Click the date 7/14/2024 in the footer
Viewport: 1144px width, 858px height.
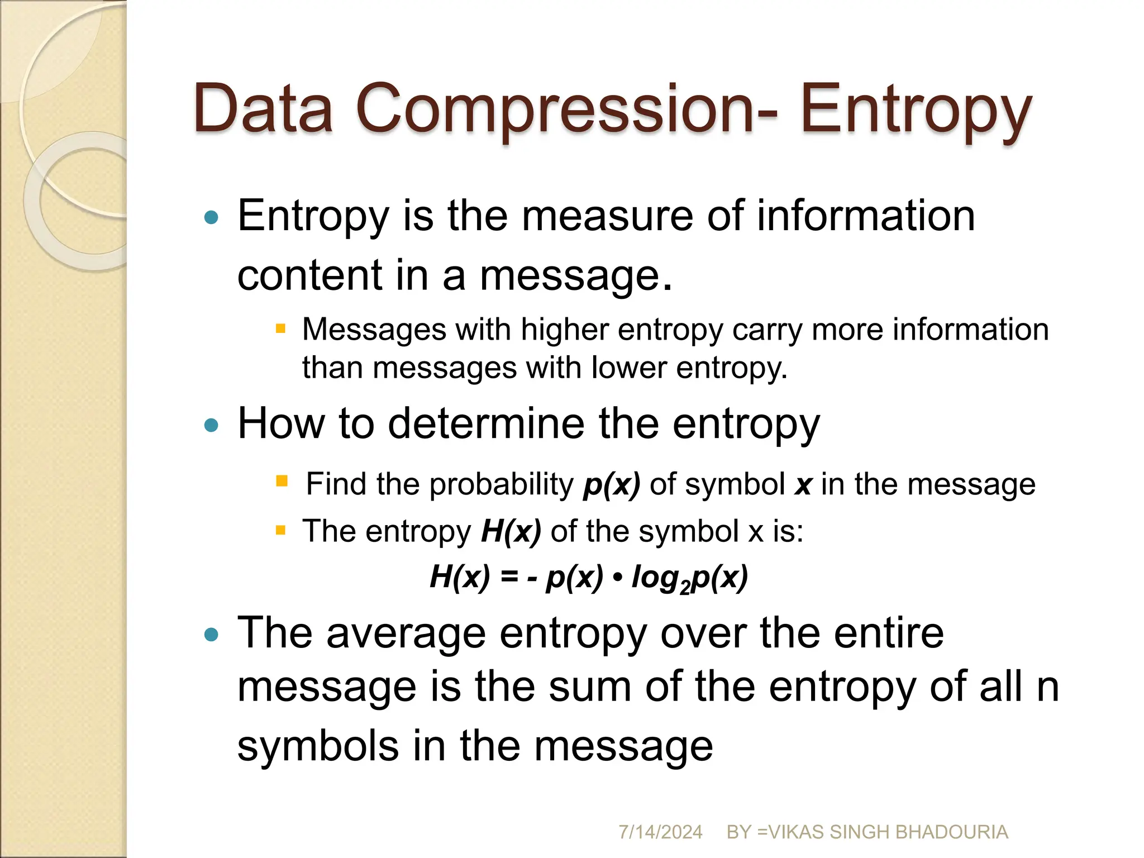660,832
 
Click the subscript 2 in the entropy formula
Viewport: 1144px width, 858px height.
685,588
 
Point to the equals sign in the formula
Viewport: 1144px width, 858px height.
509,576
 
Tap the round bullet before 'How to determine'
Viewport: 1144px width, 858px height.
211,426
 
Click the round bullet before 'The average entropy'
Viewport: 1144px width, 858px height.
211,635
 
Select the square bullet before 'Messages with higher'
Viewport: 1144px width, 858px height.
280,328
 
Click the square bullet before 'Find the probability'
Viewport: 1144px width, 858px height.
282,481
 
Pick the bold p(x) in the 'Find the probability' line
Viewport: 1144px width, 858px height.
612,484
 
